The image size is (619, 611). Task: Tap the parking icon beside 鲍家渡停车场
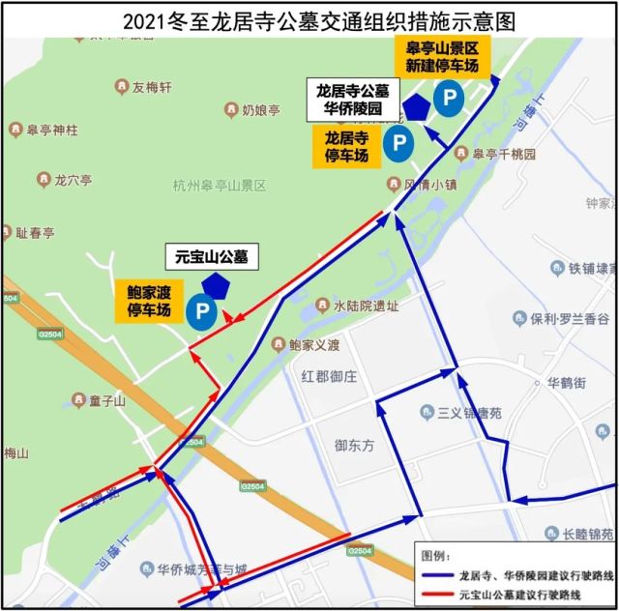coord(202,311)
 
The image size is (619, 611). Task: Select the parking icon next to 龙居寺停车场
coord(398,145)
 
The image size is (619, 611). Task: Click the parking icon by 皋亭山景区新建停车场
coord(448,96)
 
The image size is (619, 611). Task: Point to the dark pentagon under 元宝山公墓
coord(215,285)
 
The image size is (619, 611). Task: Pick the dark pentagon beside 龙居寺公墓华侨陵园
coord(417,107)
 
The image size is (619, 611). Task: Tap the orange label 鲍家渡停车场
coord(149,301)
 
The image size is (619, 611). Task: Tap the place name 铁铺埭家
coord(591,268)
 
